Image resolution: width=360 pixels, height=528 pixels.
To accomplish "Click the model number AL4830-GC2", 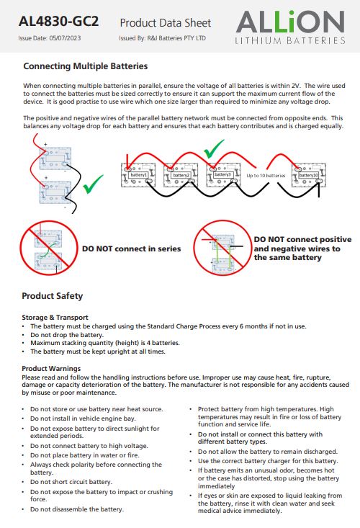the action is click(x=58, y=22).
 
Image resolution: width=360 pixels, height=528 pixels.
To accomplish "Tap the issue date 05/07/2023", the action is click(x=65, y=38).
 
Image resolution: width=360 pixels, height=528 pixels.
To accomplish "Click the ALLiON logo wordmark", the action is click(x=290, y=22).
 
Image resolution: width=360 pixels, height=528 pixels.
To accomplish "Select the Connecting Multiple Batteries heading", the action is click(x=86, y=66).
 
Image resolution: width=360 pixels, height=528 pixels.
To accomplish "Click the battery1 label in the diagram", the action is click(x=139, y=175).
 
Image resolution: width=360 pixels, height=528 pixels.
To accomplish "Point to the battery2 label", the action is click(x=181, y=176).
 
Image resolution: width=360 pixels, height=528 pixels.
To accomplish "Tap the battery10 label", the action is click(x=308, y=176).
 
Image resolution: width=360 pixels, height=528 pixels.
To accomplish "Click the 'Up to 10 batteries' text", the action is click(x=266, y=176).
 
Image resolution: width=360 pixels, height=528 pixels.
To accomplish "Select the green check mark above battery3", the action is click(x=214, y=149).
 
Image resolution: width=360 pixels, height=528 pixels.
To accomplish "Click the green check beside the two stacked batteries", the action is click(x=93, y=184).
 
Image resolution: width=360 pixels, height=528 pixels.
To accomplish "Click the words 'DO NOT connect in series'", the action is click(x=132, y=249).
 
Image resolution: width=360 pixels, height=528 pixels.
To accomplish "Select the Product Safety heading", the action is click(x=52, y=296).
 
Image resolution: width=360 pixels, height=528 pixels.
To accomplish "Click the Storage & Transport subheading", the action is click(x=55, y=317).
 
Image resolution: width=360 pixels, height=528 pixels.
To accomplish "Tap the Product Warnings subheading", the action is click(x=51, y=368).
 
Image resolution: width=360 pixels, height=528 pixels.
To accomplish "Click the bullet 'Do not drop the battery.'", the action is click(x=67, y=335).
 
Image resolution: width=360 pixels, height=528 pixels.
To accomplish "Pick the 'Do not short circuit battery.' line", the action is click(x=71, y=482).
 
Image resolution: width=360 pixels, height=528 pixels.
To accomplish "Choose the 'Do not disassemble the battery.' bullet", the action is click(x=77, y=509).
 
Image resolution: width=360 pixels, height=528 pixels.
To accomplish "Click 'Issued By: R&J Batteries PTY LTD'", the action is click(x=162, y=38).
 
